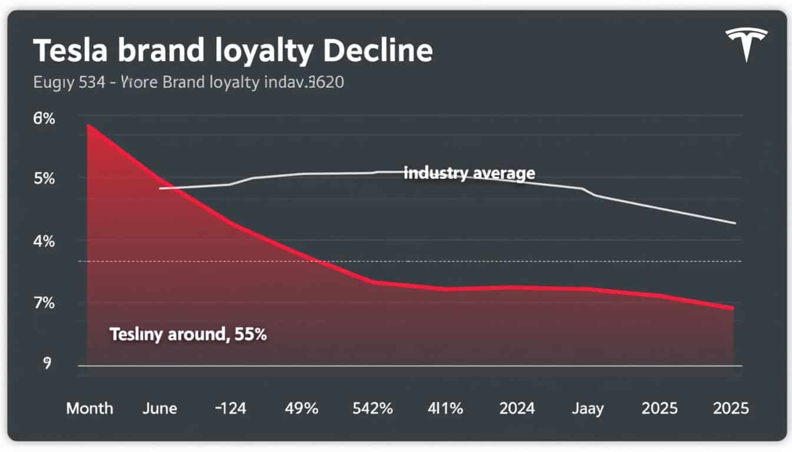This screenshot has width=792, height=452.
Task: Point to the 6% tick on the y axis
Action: click(44, 118)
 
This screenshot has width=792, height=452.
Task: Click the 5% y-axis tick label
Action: click(44, 178)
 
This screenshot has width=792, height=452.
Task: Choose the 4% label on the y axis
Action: click(44, 241)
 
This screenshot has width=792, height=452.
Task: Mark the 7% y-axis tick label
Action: click(44, 304)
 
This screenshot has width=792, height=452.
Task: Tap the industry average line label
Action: click(470, 173)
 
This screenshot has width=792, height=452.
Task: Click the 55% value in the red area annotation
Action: click(251, 335)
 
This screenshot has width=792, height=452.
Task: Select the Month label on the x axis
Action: click(90, 408)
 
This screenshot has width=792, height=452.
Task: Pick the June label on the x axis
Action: click(160, 408)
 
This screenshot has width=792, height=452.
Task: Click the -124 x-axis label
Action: click(230, 408)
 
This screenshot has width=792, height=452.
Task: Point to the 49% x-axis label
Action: click(301, 408)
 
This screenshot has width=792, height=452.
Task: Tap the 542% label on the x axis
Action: click(372, 408)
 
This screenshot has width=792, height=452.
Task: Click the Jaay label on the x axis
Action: click(588, 408)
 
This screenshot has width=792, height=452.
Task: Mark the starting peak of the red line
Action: click(88, 125)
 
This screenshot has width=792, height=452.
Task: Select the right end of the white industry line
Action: click(735, 223)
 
